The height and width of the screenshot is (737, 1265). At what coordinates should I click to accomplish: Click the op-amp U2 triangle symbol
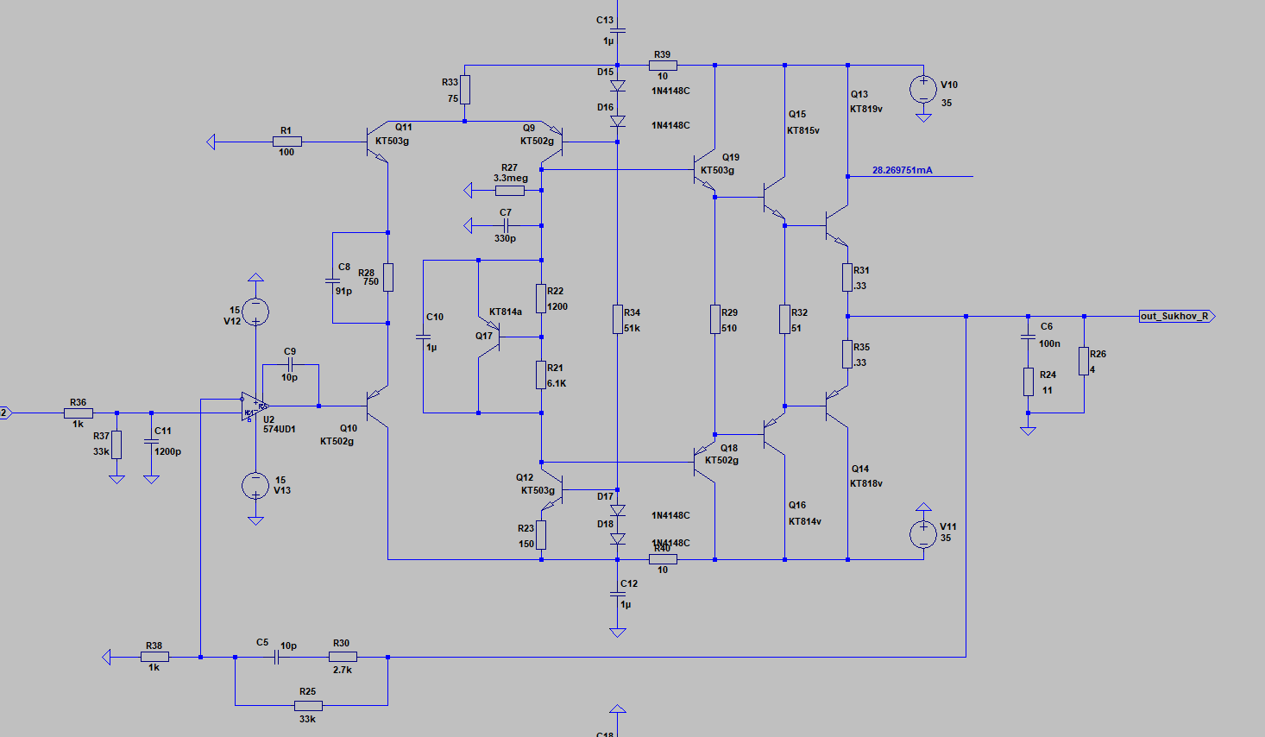tap(254, 406)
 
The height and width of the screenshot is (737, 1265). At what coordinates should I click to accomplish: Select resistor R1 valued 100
tap(286, 142)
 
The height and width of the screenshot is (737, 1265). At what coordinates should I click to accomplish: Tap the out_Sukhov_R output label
tap(1175, 317)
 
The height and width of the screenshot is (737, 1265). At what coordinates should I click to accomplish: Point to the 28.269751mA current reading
tap(902, 171)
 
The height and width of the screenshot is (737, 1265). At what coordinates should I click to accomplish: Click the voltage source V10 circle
tap(923, 88)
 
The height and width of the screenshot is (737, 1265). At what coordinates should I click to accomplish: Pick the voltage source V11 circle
tap(923, 534)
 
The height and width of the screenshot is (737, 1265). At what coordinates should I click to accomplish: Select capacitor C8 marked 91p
tap(333, 280)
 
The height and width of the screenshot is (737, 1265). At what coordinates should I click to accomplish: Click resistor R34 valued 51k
tap(618, 318)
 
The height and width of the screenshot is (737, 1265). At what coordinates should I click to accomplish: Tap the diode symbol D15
tap(618, 86)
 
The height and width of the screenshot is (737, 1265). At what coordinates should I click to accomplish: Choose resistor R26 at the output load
tap(1084, 361)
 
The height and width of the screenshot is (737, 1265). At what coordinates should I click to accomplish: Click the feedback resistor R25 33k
tap(308, 705)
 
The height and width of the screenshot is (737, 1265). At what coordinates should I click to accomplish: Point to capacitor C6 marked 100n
tap(1028, 336)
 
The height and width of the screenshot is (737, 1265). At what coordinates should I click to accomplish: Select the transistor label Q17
tap(483, 337)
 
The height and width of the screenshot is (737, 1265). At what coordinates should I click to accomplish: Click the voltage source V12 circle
tap(255, 312)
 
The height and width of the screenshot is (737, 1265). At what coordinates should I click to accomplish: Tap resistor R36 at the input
tap(79, 413)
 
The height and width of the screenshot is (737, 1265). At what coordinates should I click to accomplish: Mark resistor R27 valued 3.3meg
tap(509, 190)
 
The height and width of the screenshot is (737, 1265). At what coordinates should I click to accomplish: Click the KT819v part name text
tap(865, 110)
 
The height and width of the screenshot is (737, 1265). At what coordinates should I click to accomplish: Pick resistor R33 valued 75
tap(465, 90)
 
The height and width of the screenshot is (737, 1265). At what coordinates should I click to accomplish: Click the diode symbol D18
tap(618, 539)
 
